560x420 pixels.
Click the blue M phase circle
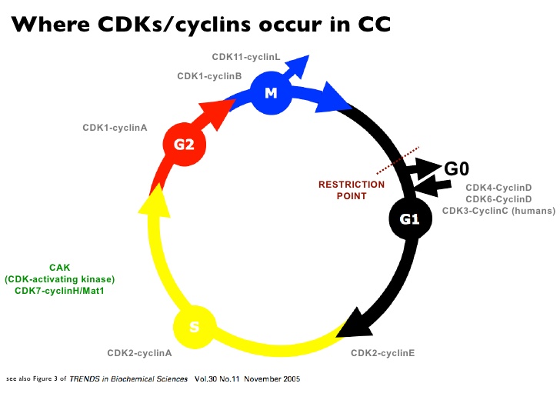pyautogui.click(x=270, y=94)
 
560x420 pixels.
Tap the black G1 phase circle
pyautogui.click(x=408, y=219)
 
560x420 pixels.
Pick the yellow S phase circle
pyautogui.click(x=194, y=327)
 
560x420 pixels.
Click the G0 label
pyautogui.click(x=457, y=168)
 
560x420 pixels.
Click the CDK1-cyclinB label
pyautogui.click(x=209, y=76)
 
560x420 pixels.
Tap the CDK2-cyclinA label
pyautogui.click(x=139, y=353)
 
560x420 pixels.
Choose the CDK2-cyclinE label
pyautogui.click(x=382, y=353)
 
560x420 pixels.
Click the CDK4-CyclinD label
pyautogui.click(x=498, y=187)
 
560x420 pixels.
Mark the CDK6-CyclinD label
pyautogui.click(x=498, y=198)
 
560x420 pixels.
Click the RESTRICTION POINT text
pyautogui.click(x=352, y=190)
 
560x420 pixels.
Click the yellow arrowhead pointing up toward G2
pyautogui.click(x=156, y=203)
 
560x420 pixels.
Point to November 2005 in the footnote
pyautogui.click(x=270, y=379)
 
